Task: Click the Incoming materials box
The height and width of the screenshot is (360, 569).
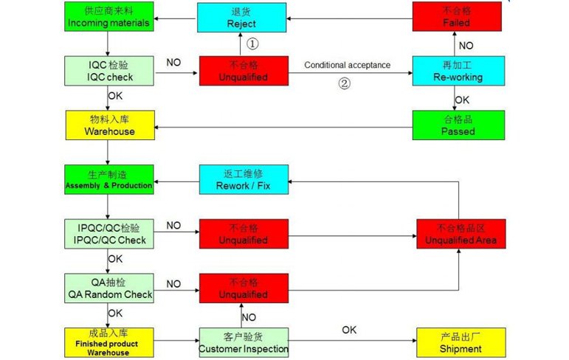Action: click(x=108, y=16)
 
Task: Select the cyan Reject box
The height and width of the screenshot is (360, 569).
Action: click(x=243, y=16)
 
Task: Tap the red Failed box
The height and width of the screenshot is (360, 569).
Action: click(x=458, y=16)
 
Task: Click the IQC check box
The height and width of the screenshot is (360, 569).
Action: click(x=108, y=71)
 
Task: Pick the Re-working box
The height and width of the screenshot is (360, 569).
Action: click(x=458, y=71)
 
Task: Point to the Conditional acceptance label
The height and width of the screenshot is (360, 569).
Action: click(x=347, y=65)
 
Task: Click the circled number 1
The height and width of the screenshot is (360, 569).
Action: click(x=252, y=44)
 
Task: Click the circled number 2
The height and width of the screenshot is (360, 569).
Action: click(x=344, y=83)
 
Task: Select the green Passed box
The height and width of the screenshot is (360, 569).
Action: click(x=458, y=125)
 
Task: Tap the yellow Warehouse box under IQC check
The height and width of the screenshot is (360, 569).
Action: click(x=108, y=125)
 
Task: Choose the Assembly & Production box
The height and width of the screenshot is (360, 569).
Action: click(x=108, y=179)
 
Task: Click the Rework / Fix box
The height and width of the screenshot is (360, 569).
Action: click(x=243, y=179)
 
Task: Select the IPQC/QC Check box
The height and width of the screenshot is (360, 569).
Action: click(x=108, y=233)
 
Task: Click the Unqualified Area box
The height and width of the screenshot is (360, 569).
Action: click(x=461, y=233)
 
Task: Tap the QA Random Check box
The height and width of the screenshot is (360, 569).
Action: click(x=108, y=288)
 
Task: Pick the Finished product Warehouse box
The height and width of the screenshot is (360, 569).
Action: click(x=108, y=342)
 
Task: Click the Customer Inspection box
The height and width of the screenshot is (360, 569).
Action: click(x=243, y=342)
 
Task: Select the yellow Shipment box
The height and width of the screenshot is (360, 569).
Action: click(x=461, y=342)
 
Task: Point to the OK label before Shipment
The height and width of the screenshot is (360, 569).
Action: click(x=349, y=330)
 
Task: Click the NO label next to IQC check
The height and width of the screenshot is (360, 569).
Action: click(x=173, y=63)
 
